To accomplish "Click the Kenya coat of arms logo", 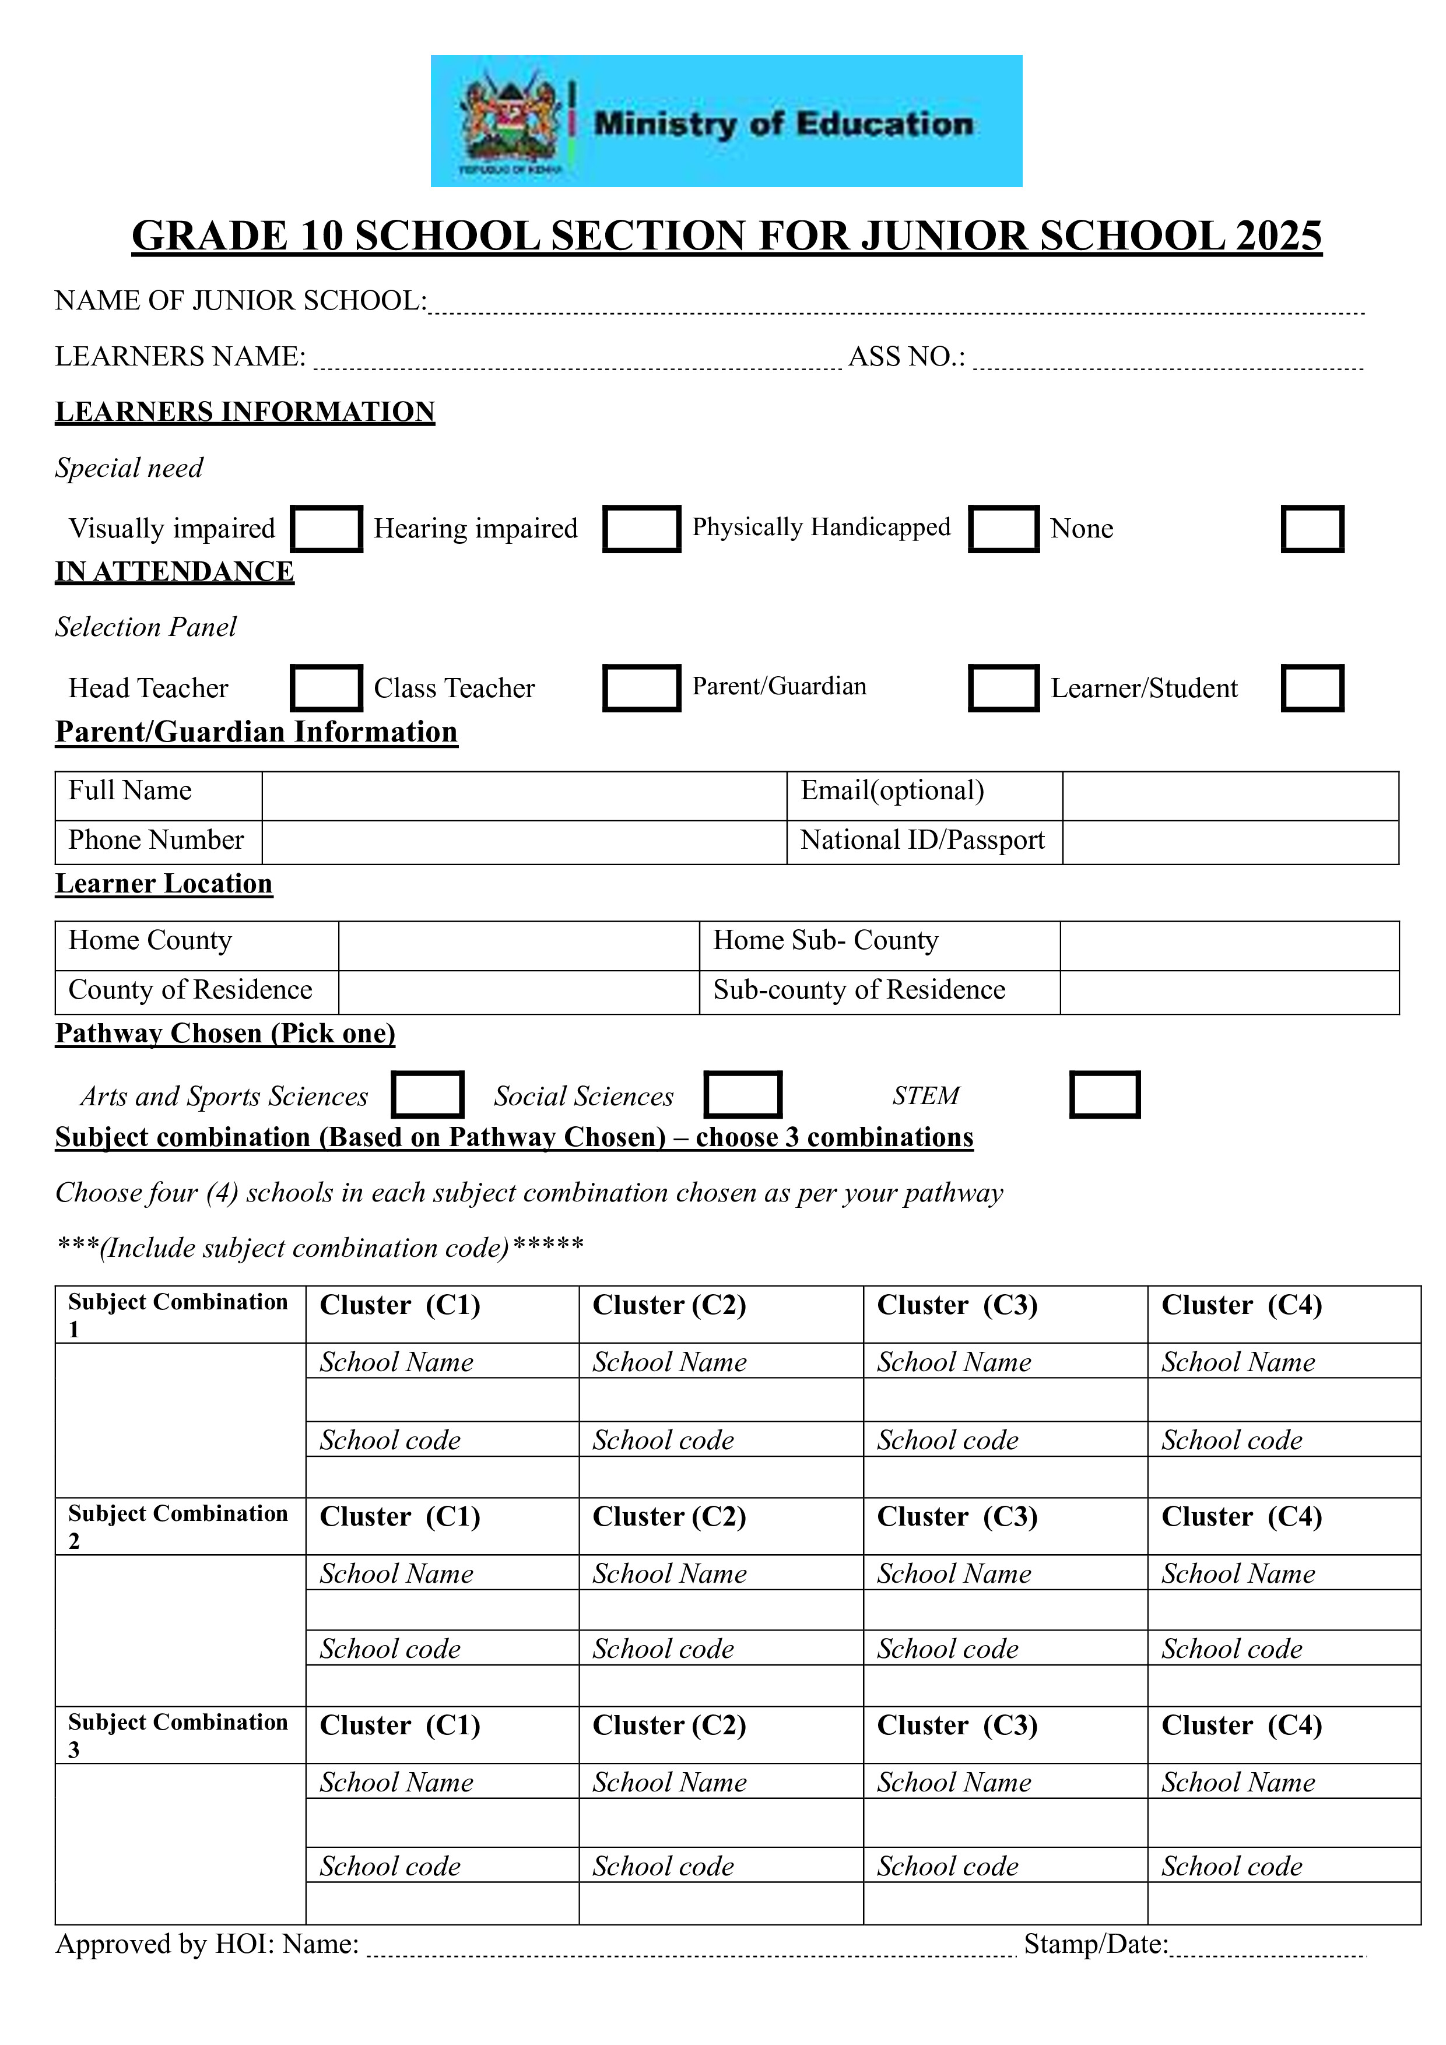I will pos(511,122).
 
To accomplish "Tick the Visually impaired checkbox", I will pos(326,529).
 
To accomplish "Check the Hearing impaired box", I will pos(641,529).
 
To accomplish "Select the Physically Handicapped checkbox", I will pos(1003,529).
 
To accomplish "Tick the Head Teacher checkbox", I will pos(326,688).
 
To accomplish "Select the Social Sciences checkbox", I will pos(742,1095).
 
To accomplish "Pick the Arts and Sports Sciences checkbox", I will pos(427,1095).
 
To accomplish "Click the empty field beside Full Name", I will pos(524,795).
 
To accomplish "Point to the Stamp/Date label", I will pos(1095,1944).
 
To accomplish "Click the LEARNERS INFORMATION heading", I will pos(245,412).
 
